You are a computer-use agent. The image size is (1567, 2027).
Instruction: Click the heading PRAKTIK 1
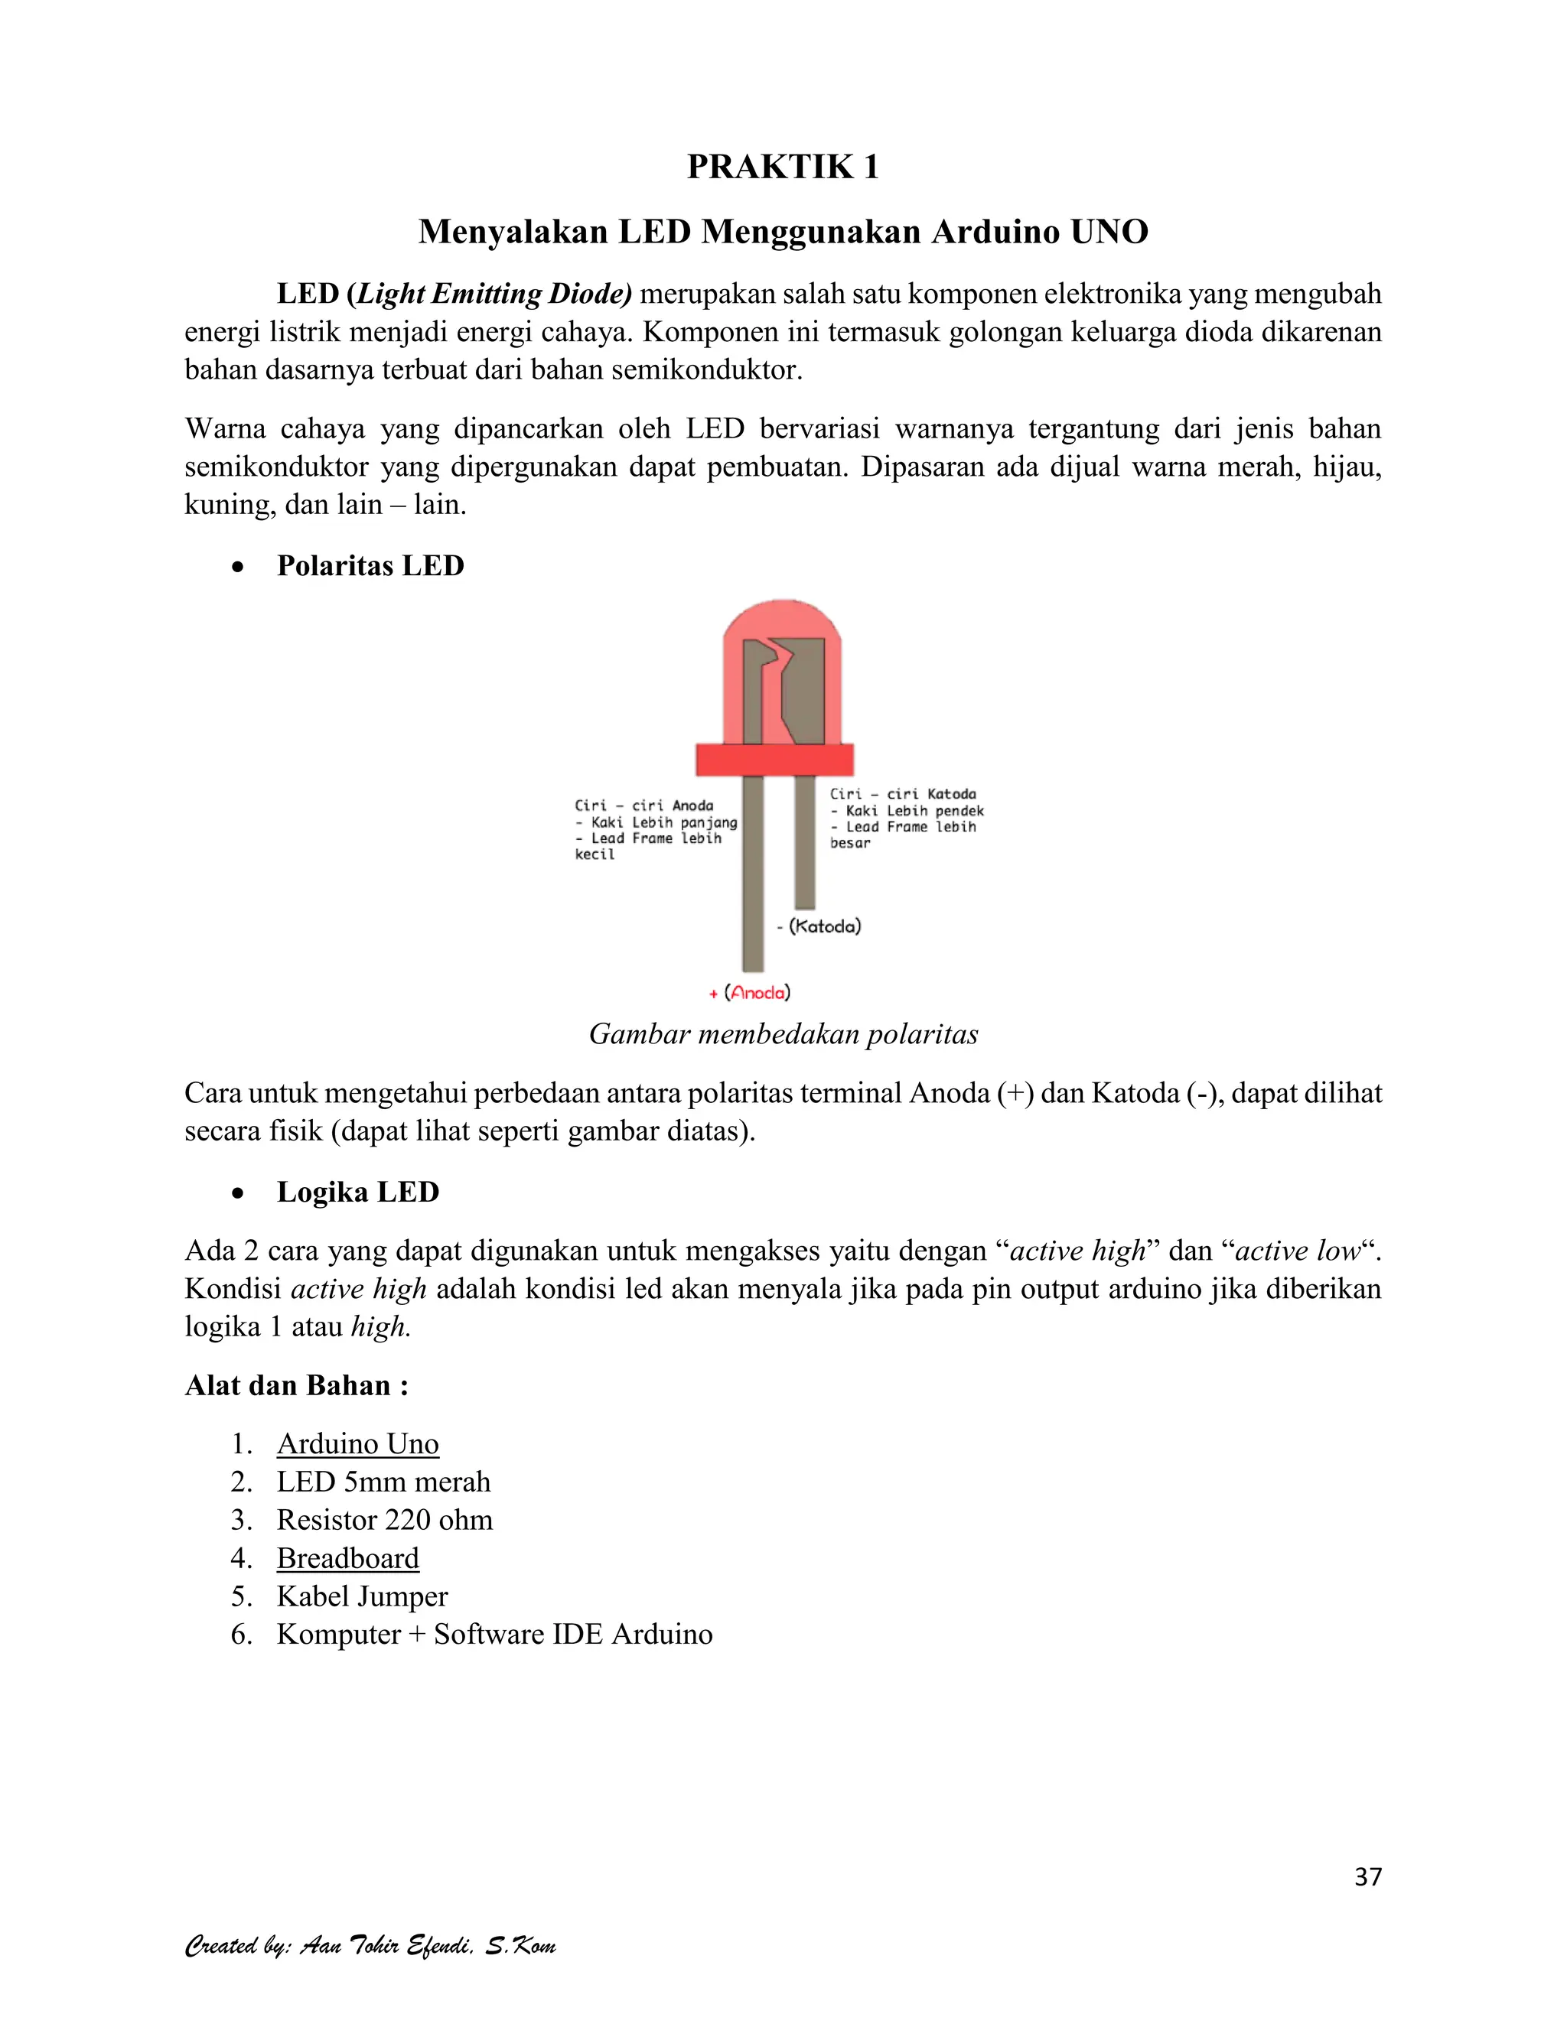tap(783, 167)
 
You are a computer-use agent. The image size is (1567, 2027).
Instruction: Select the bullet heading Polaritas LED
tap(370, 566)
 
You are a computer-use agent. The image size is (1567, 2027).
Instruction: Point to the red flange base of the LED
tap(775, 760)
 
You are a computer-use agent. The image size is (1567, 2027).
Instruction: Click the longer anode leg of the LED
tap(753, 882)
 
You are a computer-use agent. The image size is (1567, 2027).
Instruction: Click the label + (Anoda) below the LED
tap(749, 993)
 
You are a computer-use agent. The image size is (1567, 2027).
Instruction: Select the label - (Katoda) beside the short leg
tap(819, 926)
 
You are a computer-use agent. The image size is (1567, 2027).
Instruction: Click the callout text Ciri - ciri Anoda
tap(643, 805)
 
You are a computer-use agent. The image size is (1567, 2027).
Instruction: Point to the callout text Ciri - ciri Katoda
tap(902, 795)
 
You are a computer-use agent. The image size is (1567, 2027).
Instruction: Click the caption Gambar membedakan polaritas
tap(783, 1035)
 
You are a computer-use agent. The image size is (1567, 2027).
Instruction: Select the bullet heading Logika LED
tap(357, 1192)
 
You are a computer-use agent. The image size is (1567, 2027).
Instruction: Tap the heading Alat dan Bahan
tap(296, 1386)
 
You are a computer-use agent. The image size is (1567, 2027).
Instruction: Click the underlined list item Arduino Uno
tap(357, 1444)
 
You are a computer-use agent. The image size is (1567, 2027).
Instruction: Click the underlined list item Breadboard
tap(347, 1558)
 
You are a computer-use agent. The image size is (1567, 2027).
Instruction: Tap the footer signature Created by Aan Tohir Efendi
tap(370, 1945)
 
